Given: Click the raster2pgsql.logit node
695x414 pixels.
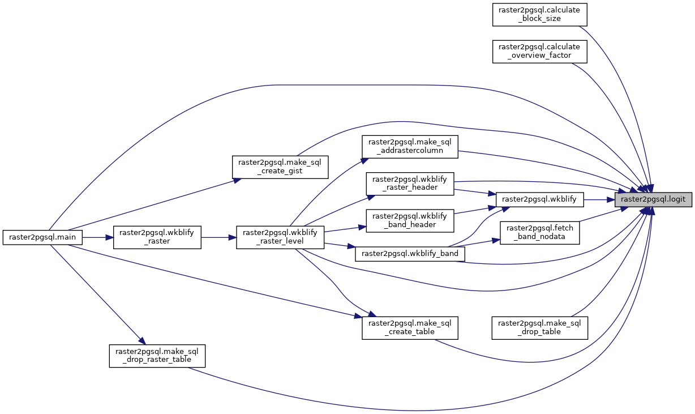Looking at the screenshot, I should [653, 199].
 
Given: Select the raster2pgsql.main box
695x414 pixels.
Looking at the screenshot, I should [43, 237].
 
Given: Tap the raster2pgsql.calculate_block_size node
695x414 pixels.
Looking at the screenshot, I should [539, 14].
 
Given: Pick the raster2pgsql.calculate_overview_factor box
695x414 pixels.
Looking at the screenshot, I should [539, 52].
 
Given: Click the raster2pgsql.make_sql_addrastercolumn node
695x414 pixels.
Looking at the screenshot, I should [410, 146].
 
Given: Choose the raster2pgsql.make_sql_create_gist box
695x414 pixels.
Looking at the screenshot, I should [280, 167].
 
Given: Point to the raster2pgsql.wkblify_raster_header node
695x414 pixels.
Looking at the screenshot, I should [410, 184].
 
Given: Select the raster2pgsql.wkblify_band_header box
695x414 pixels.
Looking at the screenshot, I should [410, 221].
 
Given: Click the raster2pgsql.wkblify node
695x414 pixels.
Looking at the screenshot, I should [539, 199].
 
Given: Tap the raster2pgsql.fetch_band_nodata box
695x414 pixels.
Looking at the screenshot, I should [539, 232].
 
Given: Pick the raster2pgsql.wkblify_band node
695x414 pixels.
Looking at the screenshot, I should [410, 254].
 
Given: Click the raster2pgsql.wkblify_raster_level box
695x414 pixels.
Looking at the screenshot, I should [280, 237].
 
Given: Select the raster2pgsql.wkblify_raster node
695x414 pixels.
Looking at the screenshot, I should [157, 237].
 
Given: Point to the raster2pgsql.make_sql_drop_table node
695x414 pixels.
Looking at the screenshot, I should [539, 327].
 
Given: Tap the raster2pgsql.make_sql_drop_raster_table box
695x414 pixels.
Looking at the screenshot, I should [157, 355].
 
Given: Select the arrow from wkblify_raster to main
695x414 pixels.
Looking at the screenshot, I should [98, 237].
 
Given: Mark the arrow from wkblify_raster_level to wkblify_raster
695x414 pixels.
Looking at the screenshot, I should [218, 237].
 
